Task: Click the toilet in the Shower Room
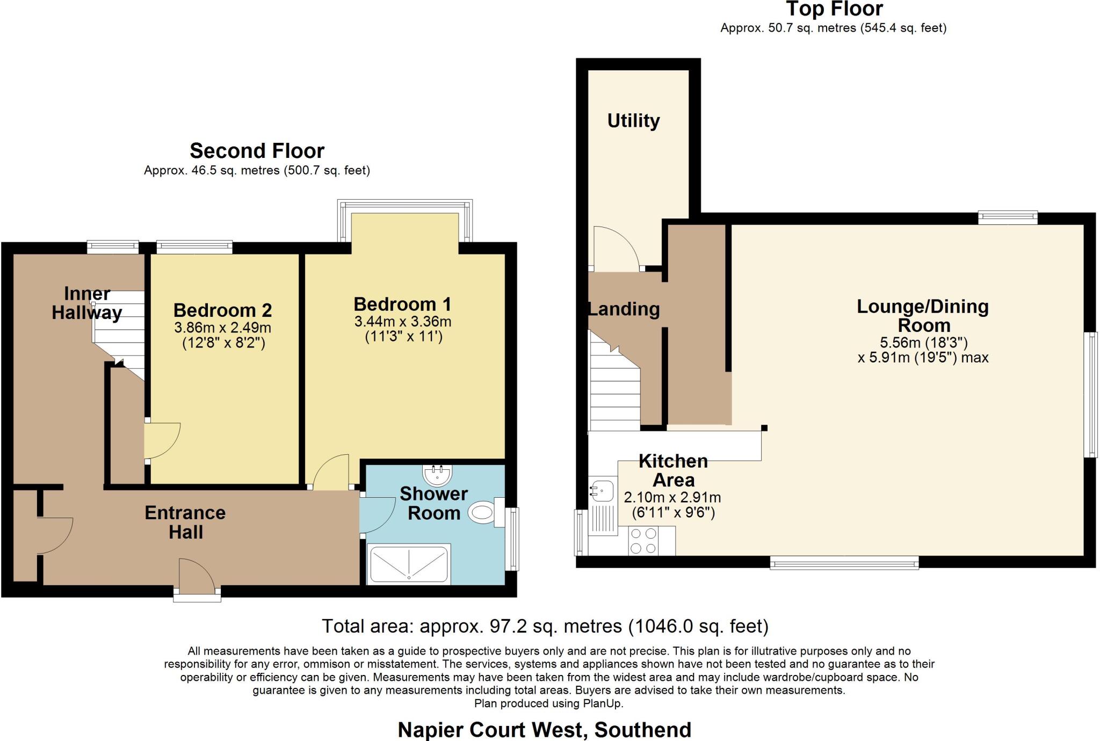(x=482, y=513)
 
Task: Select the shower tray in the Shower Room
(x=409, y=564)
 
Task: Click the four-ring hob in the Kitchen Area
(x=643, y=541)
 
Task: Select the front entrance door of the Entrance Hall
(x=196, y=577)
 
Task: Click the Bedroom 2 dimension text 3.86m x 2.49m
(x=222, y=328)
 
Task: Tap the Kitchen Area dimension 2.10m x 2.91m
(x=672, y=498)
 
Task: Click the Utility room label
(x=633, y=121)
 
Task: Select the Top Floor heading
(x=834, y=9)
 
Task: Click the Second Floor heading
(x=257, y=151)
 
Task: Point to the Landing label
(x=624, y=309)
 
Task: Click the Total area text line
(x=545, y=626)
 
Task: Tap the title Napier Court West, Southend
(x=544, y=730)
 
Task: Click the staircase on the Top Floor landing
(x=614, y=392)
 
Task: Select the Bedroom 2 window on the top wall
(x=194, y=248)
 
